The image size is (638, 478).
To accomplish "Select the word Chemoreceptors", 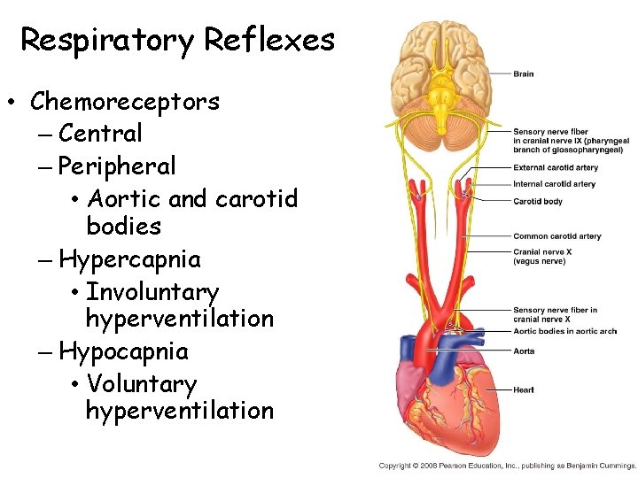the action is point(125,102).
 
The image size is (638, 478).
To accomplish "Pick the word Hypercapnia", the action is point(129,259).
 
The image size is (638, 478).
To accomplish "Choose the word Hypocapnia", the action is point(123,351).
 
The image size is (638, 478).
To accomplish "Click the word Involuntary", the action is point(152,291).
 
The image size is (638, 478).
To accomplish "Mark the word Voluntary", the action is point(141,384).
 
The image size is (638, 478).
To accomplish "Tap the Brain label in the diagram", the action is point(523,73).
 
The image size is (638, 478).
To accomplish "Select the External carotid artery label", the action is point(556,167).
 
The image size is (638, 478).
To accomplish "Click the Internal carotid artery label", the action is point(555,184).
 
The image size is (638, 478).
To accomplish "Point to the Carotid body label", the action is point(538,201).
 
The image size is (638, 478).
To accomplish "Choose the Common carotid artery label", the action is point(556,236).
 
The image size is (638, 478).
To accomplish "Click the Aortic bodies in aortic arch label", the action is point(564,331).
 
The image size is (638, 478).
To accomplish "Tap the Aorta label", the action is point(524,351).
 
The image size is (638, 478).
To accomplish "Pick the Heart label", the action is point(523,389).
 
